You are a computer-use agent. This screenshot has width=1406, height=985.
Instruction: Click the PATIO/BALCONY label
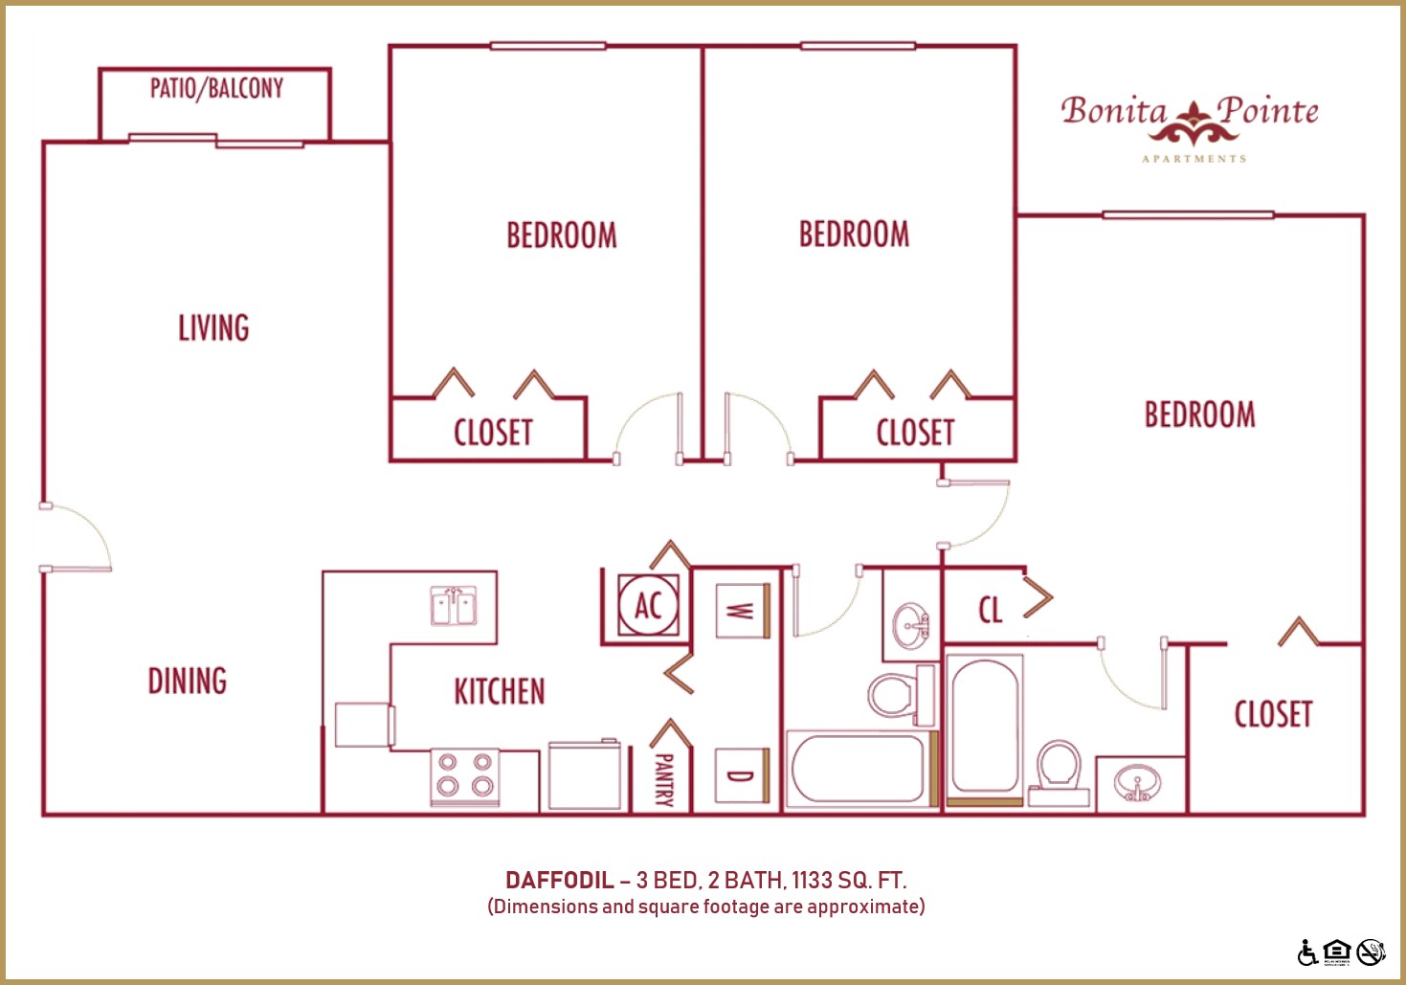click(x=216, y=88)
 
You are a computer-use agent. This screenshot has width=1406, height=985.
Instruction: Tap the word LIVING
click(x=213, y=328)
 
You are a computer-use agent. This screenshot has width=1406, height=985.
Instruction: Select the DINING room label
click(x=188, y=682)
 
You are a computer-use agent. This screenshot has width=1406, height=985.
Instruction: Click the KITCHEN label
click(x=499, y=691)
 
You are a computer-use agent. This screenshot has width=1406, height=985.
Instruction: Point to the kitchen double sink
click(x=453, y=606)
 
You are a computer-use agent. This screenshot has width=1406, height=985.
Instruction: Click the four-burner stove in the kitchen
click(x=464, y=775)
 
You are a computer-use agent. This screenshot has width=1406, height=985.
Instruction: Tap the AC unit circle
click(x=648, y=605)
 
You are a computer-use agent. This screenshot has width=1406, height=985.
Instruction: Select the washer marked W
click(x=742, y=611)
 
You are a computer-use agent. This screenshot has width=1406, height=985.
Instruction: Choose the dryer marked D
click(x=742, y=775)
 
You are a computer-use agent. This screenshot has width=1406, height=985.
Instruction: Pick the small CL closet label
click(x=991, y=610)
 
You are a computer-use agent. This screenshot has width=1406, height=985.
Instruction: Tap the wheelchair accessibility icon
click(x=1307, y=952)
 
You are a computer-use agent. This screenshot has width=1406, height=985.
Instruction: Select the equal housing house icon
click(x=1337, y=951)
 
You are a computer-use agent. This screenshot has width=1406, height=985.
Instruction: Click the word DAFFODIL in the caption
click(x=559, y=881)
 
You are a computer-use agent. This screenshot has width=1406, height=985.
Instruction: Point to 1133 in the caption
click(x=811, y=881)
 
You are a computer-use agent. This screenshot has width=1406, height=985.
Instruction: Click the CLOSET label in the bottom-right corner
click(x=1273, y=714)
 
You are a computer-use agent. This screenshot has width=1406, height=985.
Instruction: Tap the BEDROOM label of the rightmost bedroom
click(x=1199, y=414)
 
